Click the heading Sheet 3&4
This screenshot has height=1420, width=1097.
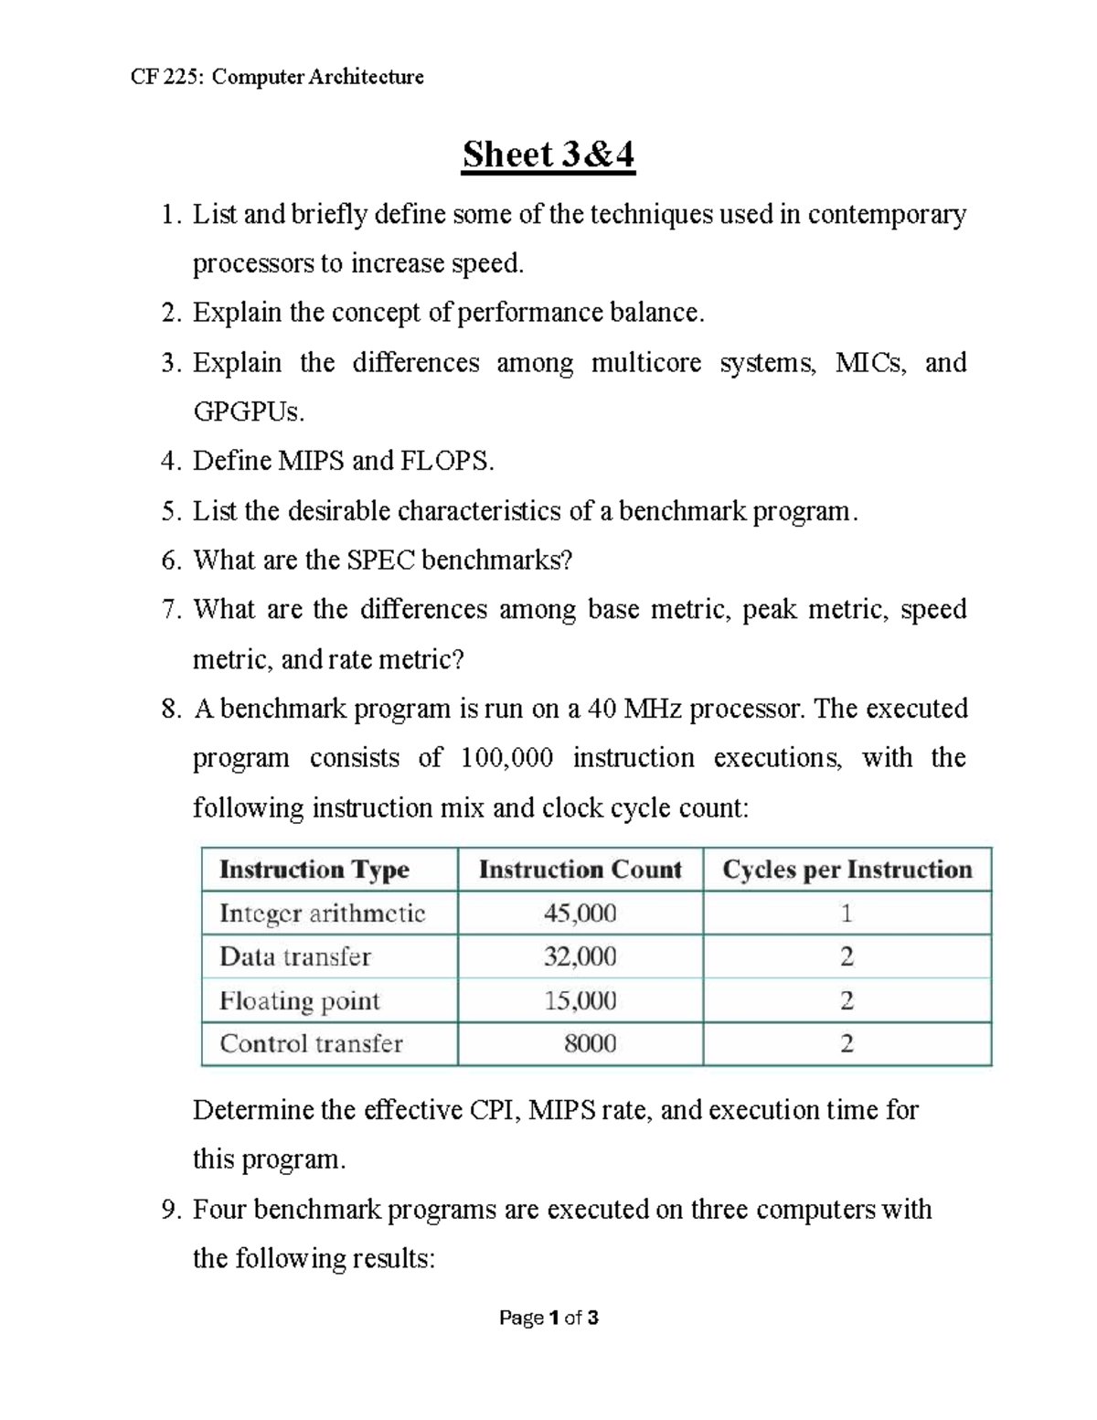548,155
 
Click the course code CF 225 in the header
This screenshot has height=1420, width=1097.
168,77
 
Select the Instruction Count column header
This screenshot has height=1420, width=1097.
580,870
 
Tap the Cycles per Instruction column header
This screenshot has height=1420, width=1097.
847,870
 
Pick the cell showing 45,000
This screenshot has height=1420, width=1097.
580,913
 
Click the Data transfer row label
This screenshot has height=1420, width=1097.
294,957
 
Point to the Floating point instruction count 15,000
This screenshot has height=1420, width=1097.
580,1000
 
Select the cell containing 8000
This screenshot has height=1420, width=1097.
590,1044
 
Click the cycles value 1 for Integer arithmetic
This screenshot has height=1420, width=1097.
847,913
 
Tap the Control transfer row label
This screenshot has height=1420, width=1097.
311,1044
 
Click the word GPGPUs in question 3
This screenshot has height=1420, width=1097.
248,412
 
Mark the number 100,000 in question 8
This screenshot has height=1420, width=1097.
506,758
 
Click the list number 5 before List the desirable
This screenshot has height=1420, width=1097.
170,511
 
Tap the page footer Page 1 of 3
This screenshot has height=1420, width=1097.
548,1318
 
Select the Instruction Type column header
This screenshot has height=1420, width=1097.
314,870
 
